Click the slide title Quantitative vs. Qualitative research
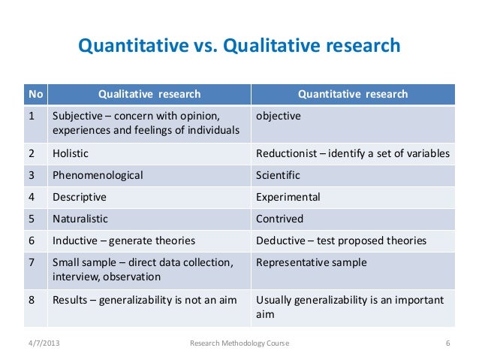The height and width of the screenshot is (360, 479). click(x=239, y=47)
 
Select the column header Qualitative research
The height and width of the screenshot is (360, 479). click(x=149, y=94)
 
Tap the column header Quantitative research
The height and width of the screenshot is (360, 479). click(x=353, y=94)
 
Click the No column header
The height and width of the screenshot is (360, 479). click(x=35, y=94)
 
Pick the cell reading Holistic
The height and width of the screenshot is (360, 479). click(x=71, y=153)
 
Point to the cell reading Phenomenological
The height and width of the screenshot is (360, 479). click(x=98, y=175)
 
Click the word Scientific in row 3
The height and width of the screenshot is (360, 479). click(x=278, y=175)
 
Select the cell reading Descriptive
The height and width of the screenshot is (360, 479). click(x=79, y=197)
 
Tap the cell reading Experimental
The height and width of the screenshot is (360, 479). click(x=288, y=197)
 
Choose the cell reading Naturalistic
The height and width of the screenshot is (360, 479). click(x=80, y=219)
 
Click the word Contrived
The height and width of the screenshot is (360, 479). click(x=279, y=219)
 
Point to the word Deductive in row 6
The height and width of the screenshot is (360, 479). click(x=281, y=241)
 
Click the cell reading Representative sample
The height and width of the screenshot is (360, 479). click(x=311, y=263)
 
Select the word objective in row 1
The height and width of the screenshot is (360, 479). click(x=279, y=116)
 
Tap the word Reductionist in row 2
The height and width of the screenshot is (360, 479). click(x=287, y=153)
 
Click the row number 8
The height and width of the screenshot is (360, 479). click(x=32, y=300)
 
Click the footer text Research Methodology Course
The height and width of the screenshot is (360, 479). click(x=239, y=343)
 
